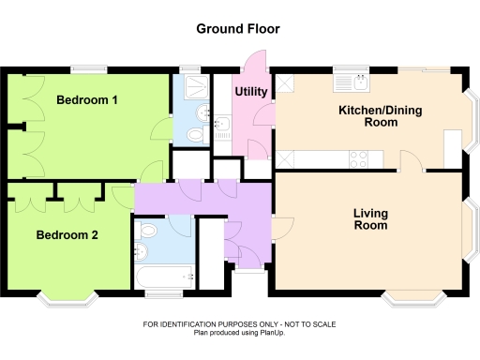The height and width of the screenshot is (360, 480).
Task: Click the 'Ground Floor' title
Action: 237,29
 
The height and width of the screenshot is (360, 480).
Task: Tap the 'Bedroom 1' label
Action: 86,100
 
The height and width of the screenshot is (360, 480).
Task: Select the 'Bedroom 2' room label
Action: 67,235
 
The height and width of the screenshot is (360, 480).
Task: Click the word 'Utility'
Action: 251,92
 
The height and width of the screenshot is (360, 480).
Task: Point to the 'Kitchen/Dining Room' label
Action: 380,116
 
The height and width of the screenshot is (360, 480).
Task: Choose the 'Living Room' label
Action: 370,219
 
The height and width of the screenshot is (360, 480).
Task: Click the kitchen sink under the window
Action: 357,82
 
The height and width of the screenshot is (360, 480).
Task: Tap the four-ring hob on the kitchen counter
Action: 358,158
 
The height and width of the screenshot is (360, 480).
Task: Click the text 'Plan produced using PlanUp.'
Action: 239,332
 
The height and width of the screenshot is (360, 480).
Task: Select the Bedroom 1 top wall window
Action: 91,68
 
